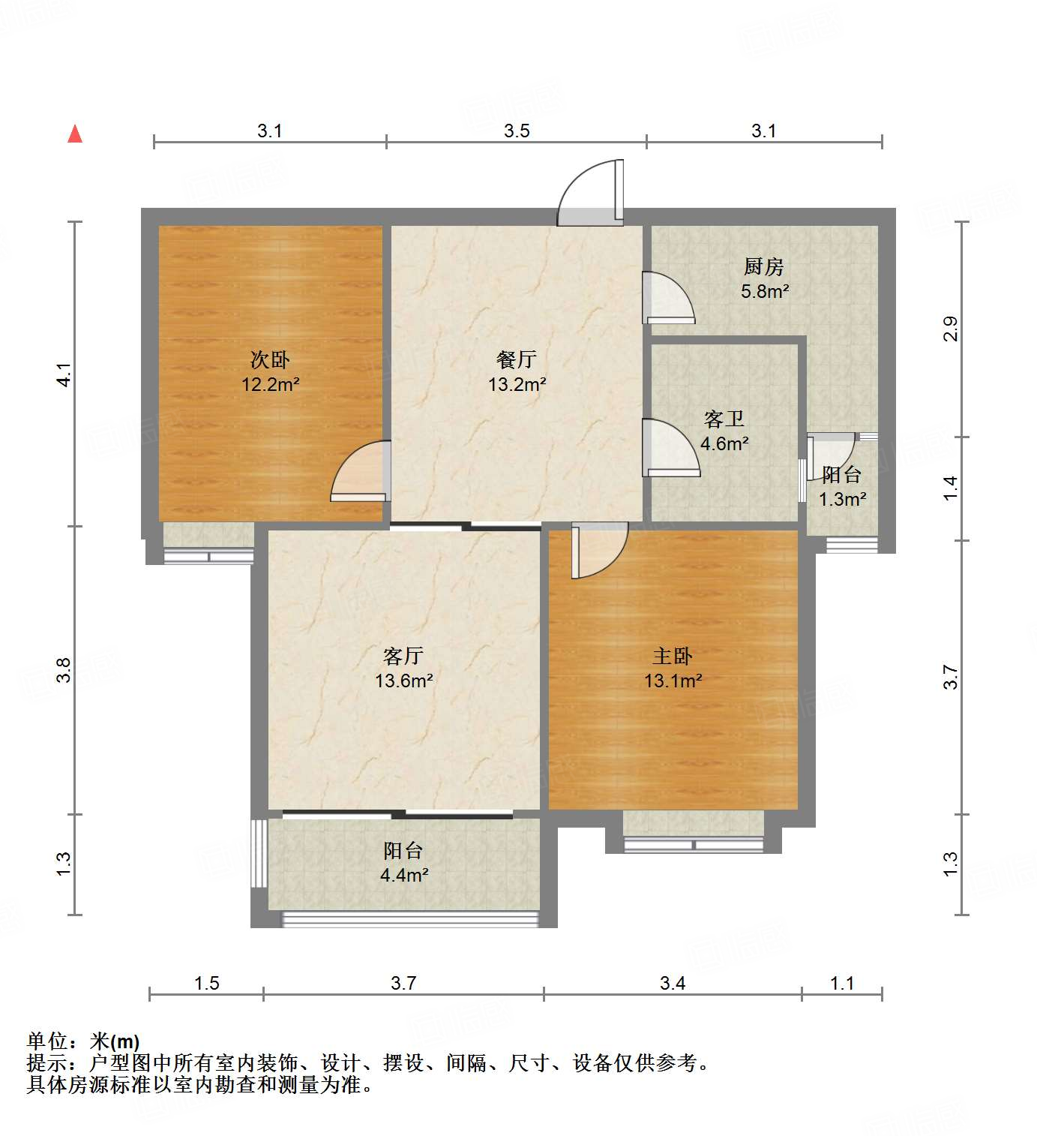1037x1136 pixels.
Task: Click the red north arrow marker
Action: (x=75, y=134)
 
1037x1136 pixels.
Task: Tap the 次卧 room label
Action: (x=270, y=359)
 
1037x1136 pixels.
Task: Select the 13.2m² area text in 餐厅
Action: (x=517, y=385)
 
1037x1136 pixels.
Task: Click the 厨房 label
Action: (x=764, y=266)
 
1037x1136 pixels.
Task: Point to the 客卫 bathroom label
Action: (x=724, y=419)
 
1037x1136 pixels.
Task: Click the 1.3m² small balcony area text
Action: (x=842, y=500)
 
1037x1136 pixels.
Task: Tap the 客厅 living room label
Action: (x=403, y=657)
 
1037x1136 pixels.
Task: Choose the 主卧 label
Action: (x=673, y=657)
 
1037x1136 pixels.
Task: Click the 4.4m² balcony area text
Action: (x=404, y=875)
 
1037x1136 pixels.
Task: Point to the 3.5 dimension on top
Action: (x=517, y=131)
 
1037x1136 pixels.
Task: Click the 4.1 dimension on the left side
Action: (x=64, y=374)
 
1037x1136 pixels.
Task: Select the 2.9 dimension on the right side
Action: (x=950, y=329)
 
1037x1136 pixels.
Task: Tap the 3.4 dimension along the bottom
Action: (x=673, y=983)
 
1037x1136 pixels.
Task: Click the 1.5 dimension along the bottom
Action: (x=207, y=983)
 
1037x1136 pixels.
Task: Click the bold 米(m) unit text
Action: (x=115, y=1041)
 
